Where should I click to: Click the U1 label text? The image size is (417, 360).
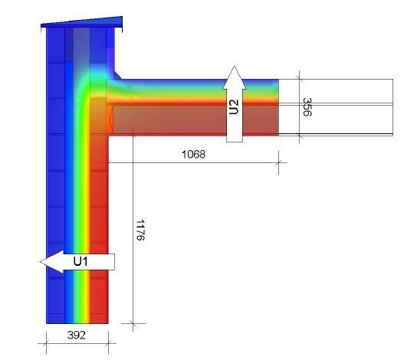80,262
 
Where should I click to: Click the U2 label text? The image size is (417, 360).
234,106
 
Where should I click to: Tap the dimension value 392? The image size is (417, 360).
77,335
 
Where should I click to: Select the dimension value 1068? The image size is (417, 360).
193,155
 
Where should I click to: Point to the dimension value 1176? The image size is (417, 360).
140,230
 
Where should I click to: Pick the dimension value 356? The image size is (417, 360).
307,106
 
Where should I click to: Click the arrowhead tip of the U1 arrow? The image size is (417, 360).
40,262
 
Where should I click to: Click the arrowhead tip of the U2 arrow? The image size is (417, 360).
234,66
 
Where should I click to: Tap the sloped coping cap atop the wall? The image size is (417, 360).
82,22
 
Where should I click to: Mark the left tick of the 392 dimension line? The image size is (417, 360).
46,343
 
